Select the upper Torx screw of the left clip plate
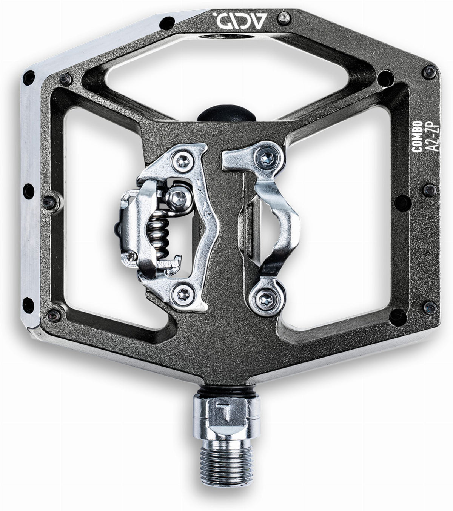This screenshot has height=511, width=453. [x=183, y=162]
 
